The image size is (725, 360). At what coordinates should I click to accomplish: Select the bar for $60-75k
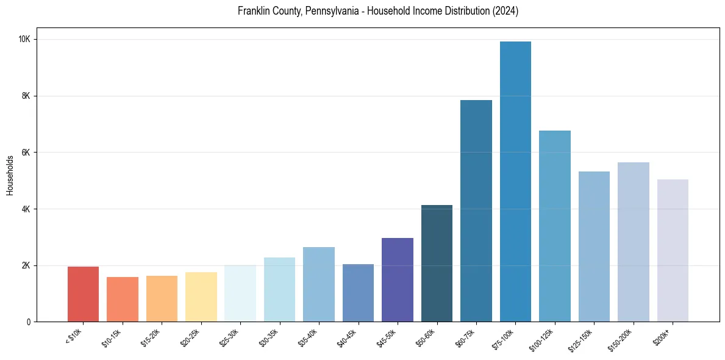pyautogui.click(x=476, y=211)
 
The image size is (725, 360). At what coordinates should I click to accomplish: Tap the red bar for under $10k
pyautogui.click(x=83, y=294)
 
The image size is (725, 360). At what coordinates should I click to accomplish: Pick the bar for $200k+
pyautogui.click(x=673, y=250)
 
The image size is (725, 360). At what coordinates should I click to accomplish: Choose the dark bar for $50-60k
pyautogui.click(x=437, y=263)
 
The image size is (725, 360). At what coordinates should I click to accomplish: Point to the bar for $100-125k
pyautogui.click(x=554, y=226)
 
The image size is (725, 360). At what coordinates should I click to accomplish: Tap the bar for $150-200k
pyautogui.click(x=633, y=242)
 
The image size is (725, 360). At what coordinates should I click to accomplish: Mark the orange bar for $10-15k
pyautogui.click(x=122, y=299)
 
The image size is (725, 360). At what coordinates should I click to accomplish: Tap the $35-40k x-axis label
pyautogui.click(x=308, y=337)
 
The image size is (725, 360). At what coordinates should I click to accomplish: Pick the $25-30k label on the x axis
pyautogui.click(x=229, y=337)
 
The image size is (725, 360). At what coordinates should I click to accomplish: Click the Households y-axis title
pyautogui.click(x=10, y=175)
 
